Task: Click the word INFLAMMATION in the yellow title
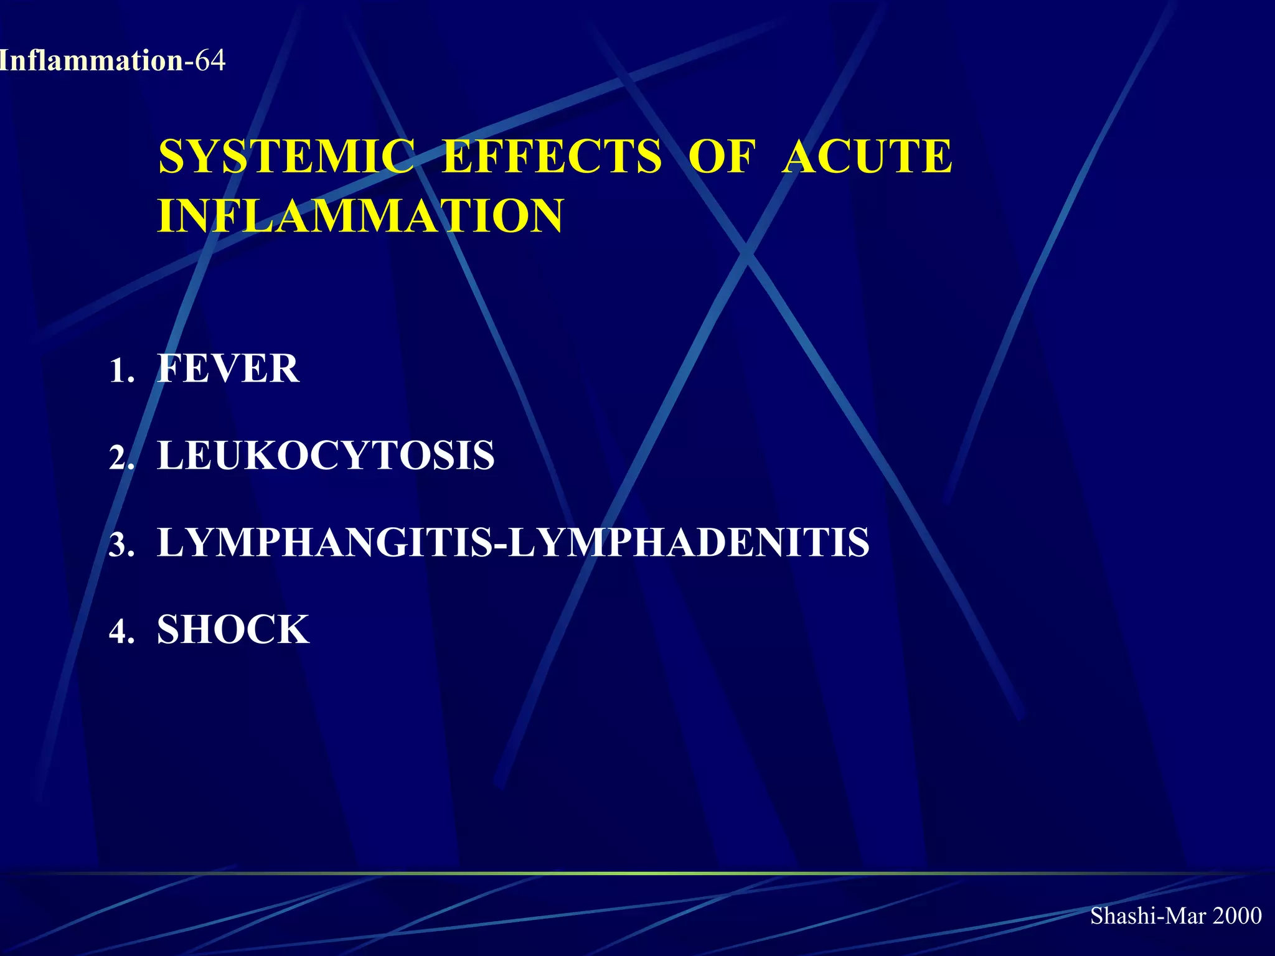click(x=360, y=215)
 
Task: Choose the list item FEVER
click(x=228, y=368)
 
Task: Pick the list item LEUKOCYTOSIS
click(x=326, y=455)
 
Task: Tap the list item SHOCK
click(x=233, y=629)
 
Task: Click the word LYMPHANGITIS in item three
click(x=324, y=542)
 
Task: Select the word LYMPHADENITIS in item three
click(x=689, y=542)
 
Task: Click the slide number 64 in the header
click(x=210, y=61)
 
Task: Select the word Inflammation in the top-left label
click(x=91, y=61)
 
